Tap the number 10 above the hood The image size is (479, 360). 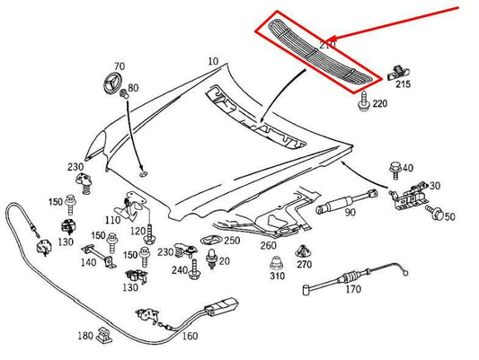click(212, 61)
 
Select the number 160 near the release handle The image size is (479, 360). click(190, 338)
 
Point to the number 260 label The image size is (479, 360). click(268, 245)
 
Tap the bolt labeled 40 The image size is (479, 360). click(395, 168)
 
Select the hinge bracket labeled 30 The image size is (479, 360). click(408, 190)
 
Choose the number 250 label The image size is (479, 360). click(232, 241)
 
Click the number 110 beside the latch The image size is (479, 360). click(112, 220)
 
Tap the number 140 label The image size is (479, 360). click(87, 262)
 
